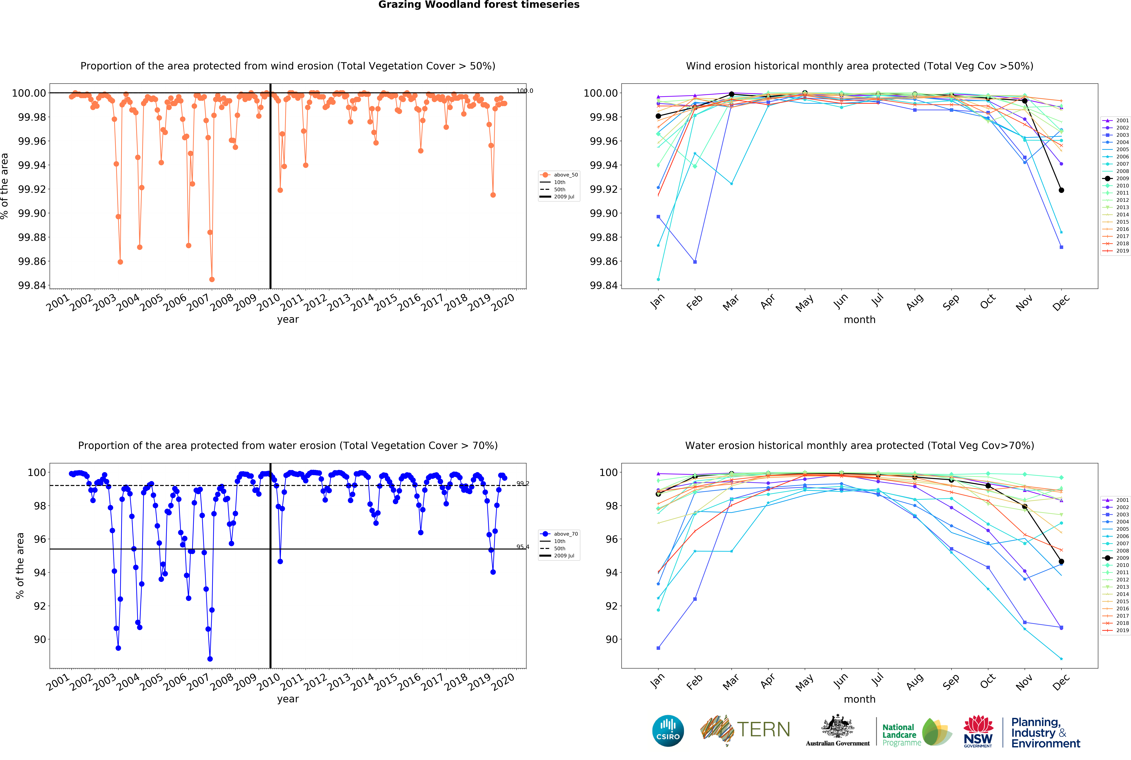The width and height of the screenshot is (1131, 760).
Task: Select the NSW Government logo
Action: click(x=978, y=731)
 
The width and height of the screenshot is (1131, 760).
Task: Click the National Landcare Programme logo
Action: click(x=916, y=734)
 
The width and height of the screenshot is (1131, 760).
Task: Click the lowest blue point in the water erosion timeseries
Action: click(x=210, y=659)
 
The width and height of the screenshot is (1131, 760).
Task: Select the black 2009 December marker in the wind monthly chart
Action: click(x=1061, y=190)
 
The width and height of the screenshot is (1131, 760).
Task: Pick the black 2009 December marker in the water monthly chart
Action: click(x=1061, y=561)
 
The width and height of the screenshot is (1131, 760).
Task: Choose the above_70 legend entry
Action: click(x=560, y=534)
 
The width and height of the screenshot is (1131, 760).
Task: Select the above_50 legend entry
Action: click(x=560, y=175)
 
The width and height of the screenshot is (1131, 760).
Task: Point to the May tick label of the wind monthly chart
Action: click(x=804, y=303)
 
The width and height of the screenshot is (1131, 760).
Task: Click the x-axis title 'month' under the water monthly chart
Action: click(x=859, y=699)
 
